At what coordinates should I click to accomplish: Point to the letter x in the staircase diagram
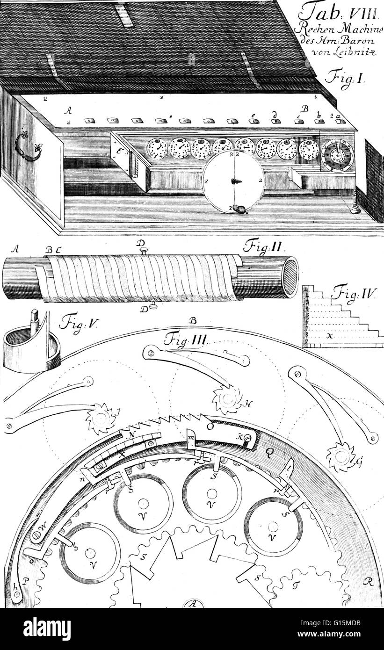[x=330, y=336]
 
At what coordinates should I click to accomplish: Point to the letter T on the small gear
[x=295, y=585]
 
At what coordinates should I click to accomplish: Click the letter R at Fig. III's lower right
[x=369, y=582]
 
